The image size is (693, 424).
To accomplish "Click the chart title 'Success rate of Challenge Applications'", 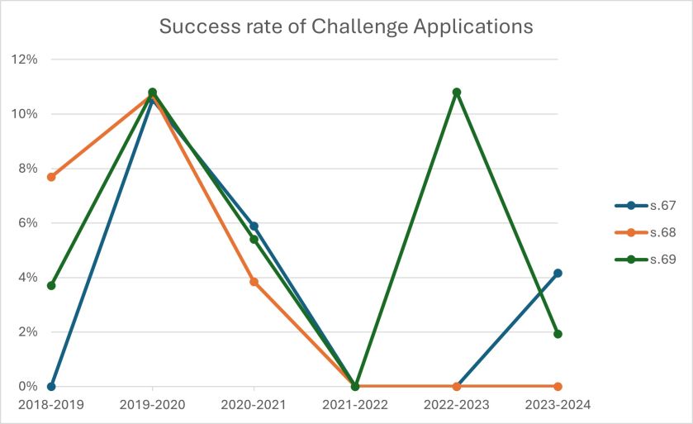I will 346,26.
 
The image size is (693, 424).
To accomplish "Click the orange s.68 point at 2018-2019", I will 51,177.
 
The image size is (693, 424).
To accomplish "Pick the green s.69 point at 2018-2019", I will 51,285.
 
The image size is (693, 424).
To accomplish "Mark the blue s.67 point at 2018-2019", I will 51,386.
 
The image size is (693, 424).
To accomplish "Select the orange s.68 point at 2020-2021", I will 254,282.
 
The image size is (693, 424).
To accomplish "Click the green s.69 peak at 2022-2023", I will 456,92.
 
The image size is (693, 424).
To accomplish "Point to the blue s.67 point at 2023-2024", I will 558,273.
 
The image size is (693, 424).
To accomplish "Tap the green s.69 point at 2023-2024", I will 558,334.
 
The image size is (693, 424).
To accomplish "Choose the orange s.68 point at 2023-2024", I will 558,386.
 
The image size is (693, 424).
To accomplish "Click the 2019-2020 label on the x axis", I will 152,405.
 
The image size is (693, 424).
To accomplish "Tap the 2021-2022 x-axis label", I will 354,405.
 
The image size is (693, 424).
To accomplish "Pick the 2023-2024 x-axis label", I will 558,405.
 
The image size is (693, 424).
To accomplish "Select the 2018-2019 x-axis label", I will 51,405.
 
